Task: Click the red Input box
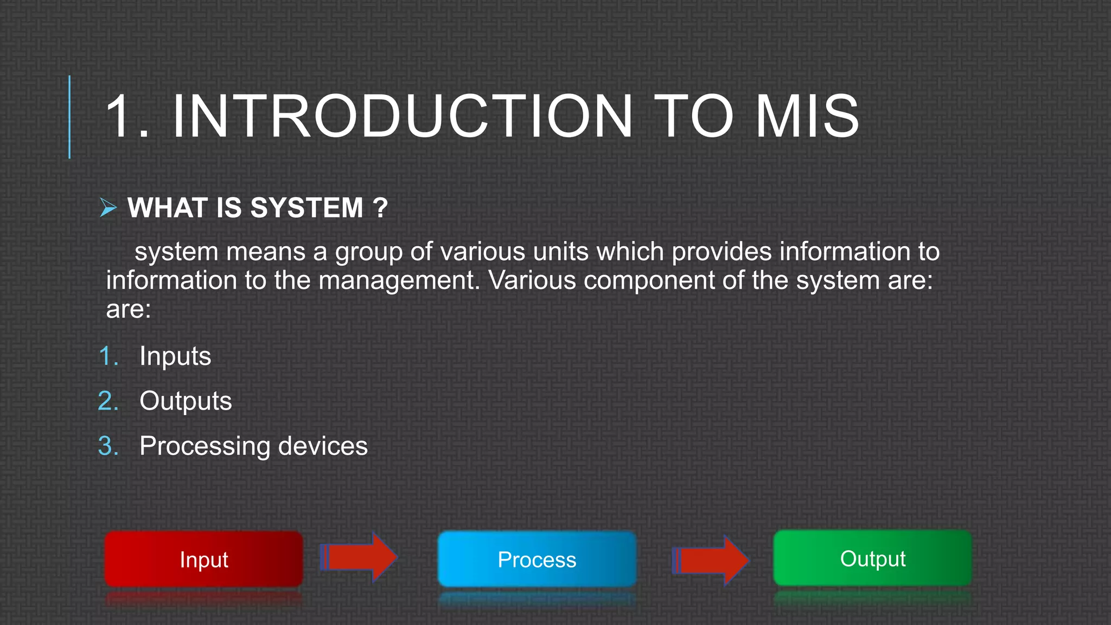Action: [x=203, y=559]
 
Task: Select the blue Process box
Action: [x=537, y=559]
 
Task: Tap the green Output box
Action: [x=872, y=558]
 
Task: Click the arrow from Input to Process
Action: [x=359, y=557]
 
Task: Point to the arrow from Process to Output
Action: [x=711, y=560]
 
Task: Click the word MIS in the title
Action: [x=807, y=117]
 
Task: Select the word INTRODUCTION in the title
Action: [x=402, y=117]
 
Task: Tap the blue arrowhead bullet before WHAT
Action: [x=108, y=207]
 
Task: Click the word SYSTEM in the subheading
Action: [x=307, y=208]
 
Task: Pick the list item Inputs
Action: [x=175, y=356]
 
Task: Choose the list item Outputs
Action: [x=186, y=401]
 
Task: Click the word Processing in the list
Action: [x=205, y=447]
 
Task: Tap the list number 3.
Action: [x=107, y=446]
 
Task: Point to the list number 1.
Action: [x=108, y=356]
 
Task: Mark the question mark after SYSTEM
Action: [x=380, y=208]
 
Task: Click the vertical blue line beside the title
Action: [x=69, y=117]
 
